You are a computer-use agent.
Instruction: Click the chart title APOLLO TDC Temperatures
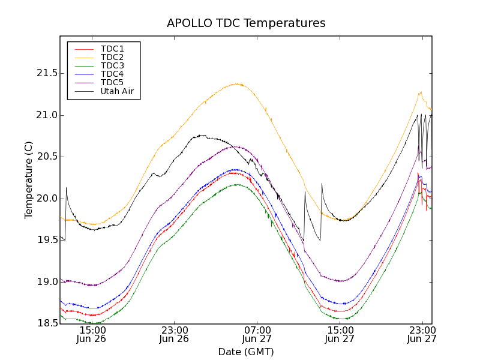246,23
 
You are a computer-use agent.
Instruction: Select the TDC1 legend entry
112,49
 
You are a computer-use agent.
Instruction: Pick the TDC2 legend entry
112,57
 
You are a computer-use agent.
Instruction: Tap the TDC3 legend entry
112,65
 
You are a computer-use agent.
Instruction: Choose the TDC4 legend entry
112,74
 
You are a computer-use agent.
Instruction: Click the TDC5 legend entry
112,83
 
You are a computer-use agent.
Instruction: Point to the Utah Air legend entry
117,92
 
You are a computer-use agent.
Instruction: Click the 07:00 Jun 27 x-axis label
257,334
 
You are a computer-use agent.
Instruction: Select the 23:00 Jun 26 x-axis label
175,334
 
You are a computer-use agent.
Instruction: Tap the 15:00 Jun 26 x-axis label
92,334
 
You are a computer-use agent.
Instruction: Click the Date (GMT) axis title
246,352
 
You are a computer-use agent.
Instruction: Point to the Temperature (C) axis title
29,180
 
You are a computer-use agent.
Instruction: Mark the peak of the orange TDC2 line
238,84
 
